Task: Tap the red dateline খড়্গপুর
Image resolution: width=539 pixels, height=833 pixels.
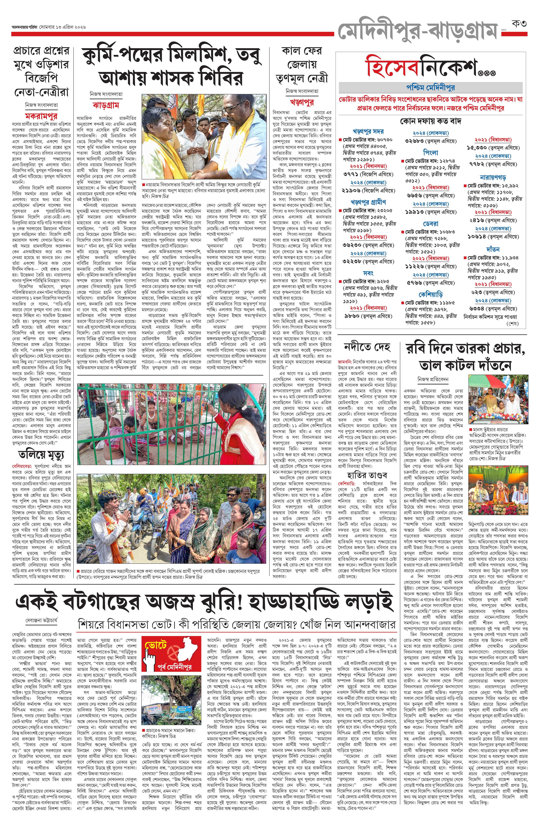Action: pyautogui.click(x=302, y=102)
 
